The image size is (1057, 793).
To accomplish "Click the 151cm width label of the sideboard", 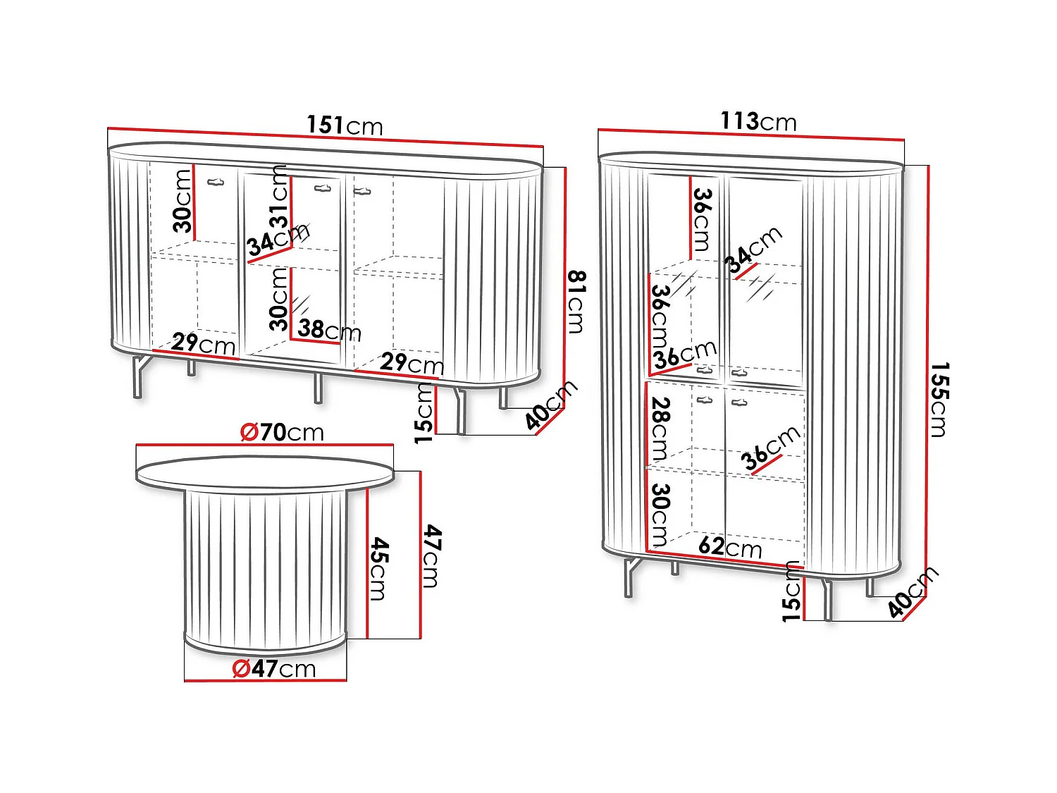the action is tap(345, 125).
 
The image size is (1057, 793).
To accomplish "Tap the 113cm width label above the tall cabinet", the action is tap(758, 121).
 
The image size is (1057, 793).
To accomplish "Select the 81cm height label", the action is tap(576, 302).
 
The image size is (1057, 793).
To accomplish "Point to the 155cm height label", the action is tap(939, 399).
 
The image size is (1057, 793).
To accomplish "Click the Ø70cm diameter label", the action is tap(282, 432).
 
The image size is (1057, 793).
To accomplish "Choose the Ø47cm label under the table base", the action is tap(274, 668).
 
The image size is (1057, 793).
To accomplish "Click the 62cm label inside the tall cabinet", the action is tap(730, 548).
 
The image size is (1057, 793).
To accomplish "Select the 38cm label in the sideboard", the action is tap(329, 331).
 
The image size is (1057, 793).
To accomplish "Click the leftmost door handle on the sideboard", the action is tap(216, 182).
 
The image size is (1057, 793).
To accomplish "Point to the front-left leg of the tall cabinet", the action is tap(631, 578).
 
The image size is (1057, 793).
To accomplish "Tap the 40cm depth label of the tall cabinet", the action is tap(913, 591).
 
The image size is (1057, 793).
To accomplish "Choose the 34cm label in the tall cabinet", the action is tap(753, 250).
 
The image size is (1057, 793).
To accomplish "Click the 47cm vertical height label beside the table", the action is tap(432, 556).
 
